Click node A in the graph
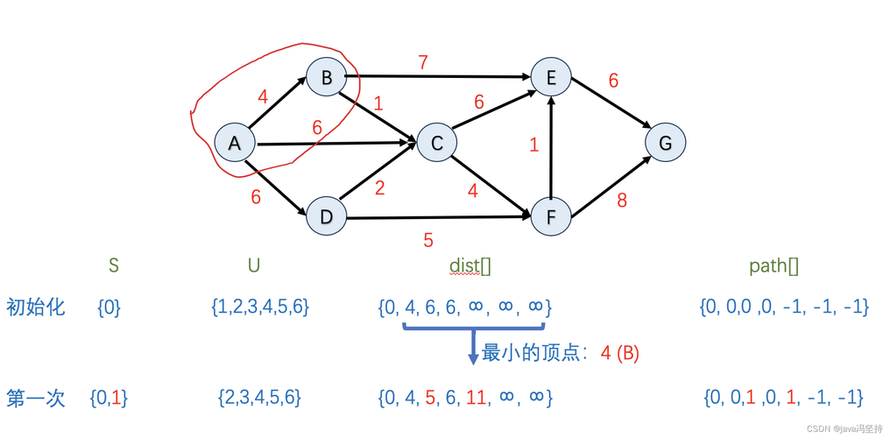pos(235,143)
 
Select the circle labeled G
pos(666,143)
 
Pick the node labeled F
pos(552,216)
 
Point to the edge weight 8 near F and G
pos(622,201)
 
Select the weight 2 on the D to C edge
pos(379,187)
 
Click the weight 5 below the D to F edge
pos(427,239)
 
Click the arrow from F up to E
pos(551,149)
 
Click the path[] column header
pos(773,265)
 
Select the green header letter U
pos(254,265)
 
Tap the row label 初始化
pos(36,307)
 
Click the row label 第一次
pos(36,397)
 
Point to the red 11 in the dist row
pos(476,398)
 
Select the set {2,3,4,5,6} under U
pos(259,398)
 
